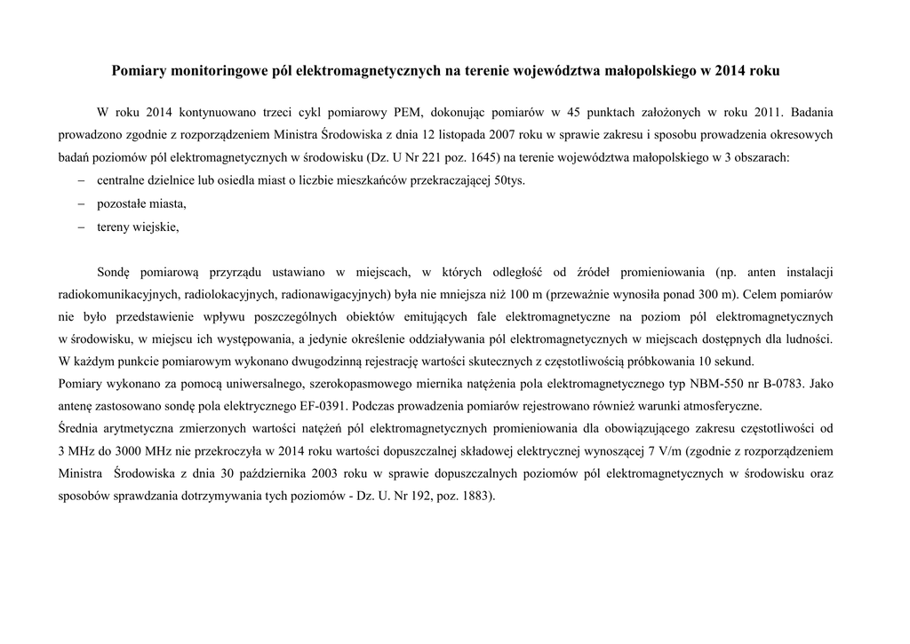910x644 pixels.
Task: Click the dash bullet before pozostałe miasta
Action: click(79, 203)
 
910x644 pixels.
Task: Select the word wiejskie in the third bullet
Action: click(156, 227)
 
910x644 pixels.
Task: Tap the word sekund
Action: click(736, 362)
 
